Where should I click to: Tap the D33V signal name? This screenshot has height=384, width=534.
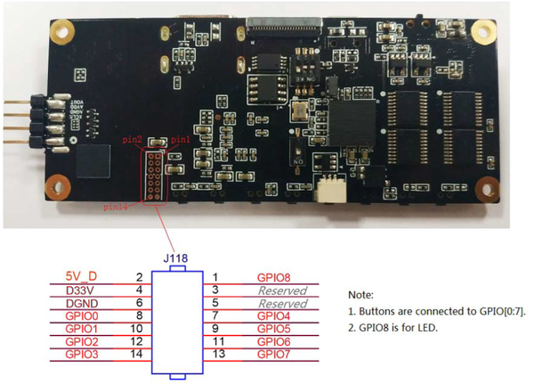click(82, 290)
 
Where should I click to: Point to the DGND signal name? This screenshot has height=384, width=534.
click(82, 303)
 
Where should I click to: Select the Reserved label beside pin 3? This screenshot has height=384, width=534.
click(282, 290)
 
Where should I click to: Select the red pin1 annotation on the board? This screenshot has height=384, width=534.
click(179, 141)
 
